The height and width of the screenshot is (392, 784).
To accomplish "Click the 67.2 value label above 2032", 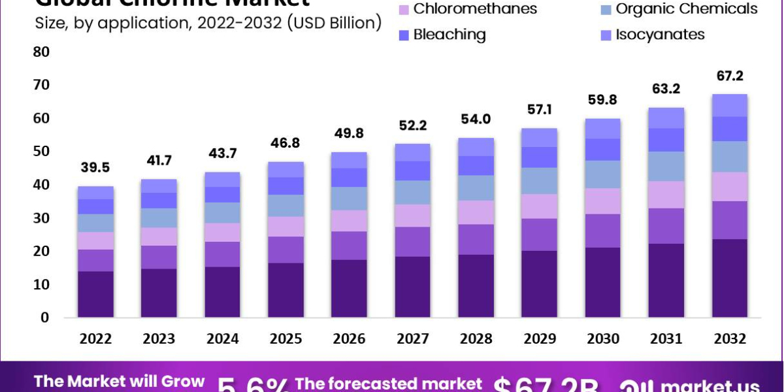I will pyautogui.click(x=729, y=76).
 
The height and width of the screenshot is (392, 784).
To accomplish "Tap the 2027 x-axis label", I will pyautogui.click(x=412, y=338).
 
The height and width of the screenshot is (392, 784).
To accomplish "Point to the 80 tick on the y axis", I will pyautogui.click(x=41, y=52).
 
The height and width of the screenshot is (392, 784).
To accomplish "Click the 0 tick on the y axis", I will pyautogui.click(x=44, y=318).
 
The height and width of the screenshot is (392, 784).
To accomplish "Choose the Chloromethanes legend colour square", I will pyautogui.click(x=403, y=10).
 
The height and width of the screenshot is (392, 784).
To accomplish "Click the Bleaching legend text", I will pyautogui.click(x=449, y=35).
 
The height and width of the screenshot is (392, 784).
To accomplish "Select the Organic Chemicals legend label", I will pyautogui.click(x=687, y=9).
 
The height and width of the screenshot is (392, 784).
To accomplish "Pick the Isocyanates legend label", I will pyautogui.click(x=661, y=35).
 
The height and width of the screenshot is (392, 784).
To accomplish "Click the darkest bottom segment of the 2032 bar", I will pyautogui.click(x=729, y=278).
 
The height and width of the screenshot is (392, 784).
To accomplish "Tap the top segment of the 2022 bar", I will pyautogui.click(x=95, y=193).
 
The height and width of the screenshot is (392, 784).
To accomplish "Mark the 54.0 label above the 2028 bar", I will pyautogui.click(x=476, y=120).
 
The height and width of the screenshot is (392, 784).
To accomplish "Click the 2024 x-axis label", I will pyautogui.click(x=222, y=338).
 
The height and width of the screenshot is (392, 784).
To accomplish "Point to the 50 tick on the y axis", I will pyautogui.click(x=41, y=152).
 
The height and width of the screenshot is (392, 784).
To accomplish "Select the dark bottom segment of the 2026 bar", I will pyautogui.click(x=349, y=289).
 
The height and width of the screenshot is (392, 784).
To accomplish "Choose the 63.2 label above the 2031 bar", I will pyautogui.click(x=666, y=89).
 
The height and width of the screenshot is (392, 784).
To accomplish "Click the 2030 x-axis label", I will pyautogui.click(x=602, y=338).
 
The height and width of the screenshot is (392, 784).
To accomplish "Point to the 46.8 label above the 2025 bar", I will pyautogui.click(x=286, y=143).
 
